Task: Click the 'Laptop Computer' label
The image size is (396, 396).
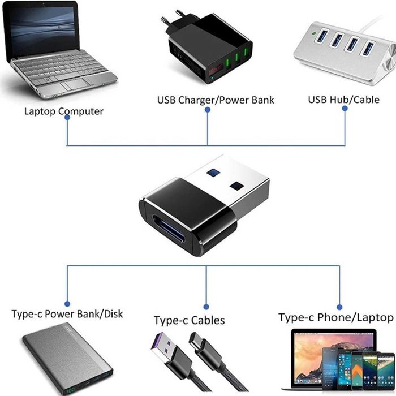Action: (x=63, y=111)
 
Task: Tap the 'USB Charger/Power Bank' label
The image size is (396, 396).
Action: (x=216, y=100)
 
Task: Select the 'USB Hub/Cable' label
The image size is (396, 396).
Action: (x=343, y=100)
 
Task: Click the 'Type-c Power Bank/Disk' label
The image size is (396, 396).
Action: (x=67, y=314)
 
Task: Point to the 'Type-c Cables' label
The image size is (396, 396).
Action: (x=189, y=320)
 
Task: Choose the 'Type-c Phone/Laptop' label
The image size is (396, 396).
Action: (x=335, y=317)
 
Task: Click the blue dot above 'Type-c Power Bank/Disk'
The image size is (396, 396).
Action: (x=68, y=303)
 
